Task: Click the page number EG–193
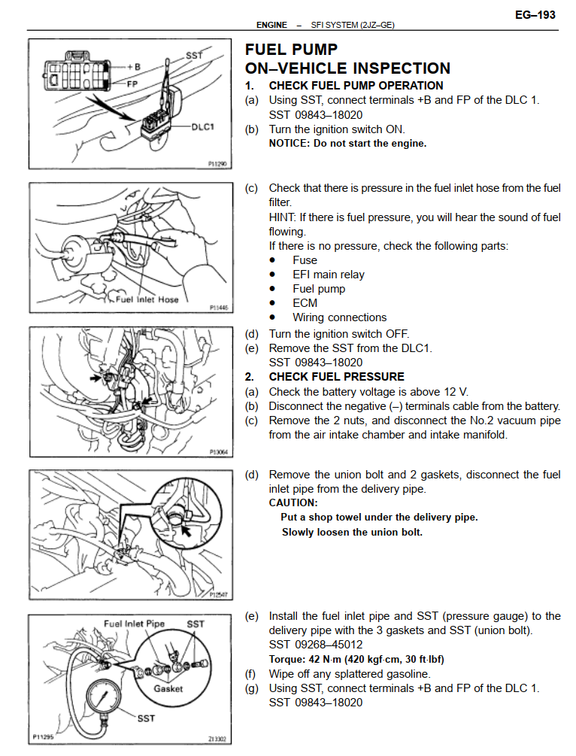pyautogui.click(x=535, y=14)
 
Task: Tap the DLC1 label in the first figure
pyautogui.click(x=202, y=127)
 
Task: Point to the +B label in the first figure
pyautogui.click(x=133, y=67)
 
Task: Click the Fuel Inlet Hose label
pyautogui.click(x=148, y=299)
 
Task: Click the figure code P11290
pyautogui.click(x=217, y=162)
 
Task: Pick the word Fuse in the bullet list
pyautogui.click(x=305, y=260)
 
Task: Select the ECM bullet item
pyautogui.click(x=305, y=303)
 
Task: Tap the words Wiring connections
pyautogui.click(x=339, y=317)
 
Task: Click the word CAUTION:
pyautogui.click(x=293, y=502)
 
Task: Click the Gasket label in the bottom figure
pyautogui.click(x=168, y=688)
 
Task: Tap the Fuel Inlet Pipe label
pyautogui.click(x=134, y=624)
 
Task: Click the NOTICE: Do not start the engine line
pyautogui.click(x=347, y=143)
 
